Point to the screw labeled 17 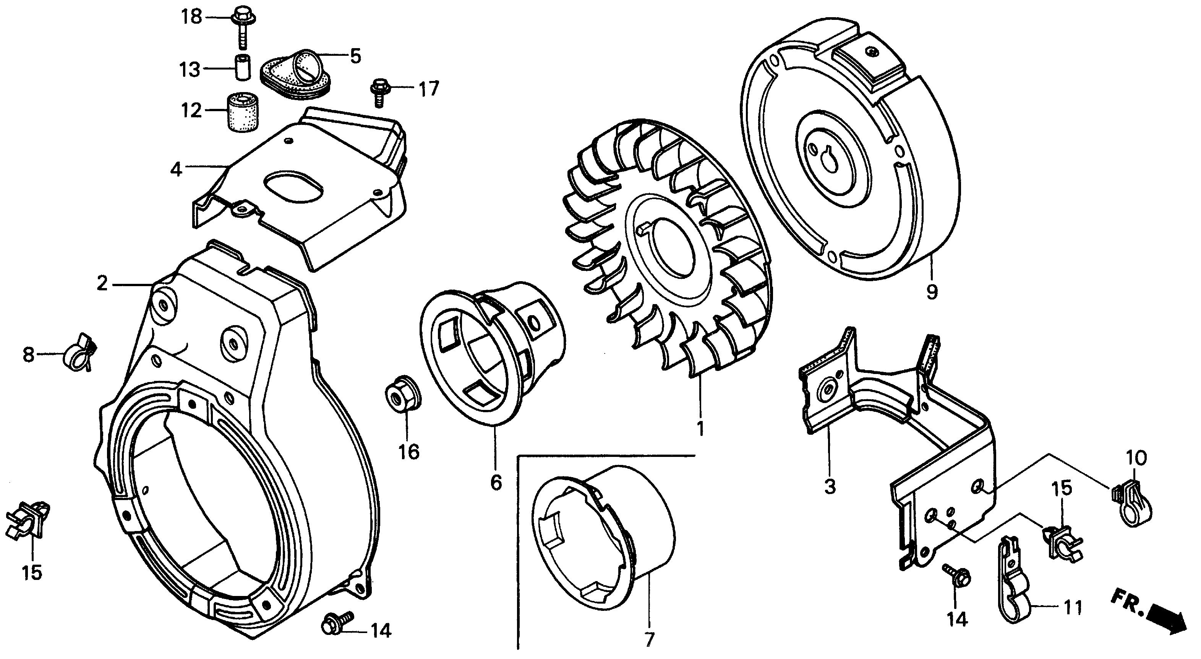pos(378,92)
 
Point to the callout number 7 pos(649,638)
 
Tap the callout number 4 pos(176,170)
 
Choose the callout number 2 pos(102,283)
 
